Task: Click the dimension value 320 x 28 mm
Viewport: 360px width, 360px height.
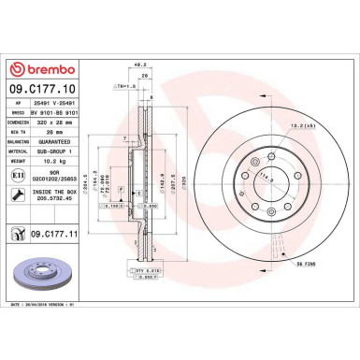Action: [60, 120]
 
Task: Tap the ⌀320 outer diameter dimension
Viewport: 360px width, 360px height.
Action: [198, 172]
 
